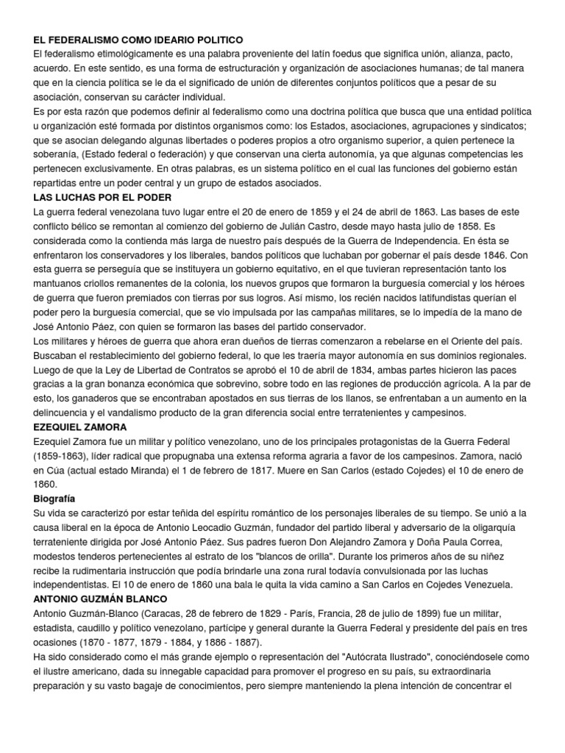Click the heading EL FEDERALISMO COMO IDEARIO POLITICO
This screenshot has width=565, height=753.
pos(138,39)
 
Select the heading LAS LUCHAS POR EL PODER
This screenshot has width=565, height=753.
pos(103,198)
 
